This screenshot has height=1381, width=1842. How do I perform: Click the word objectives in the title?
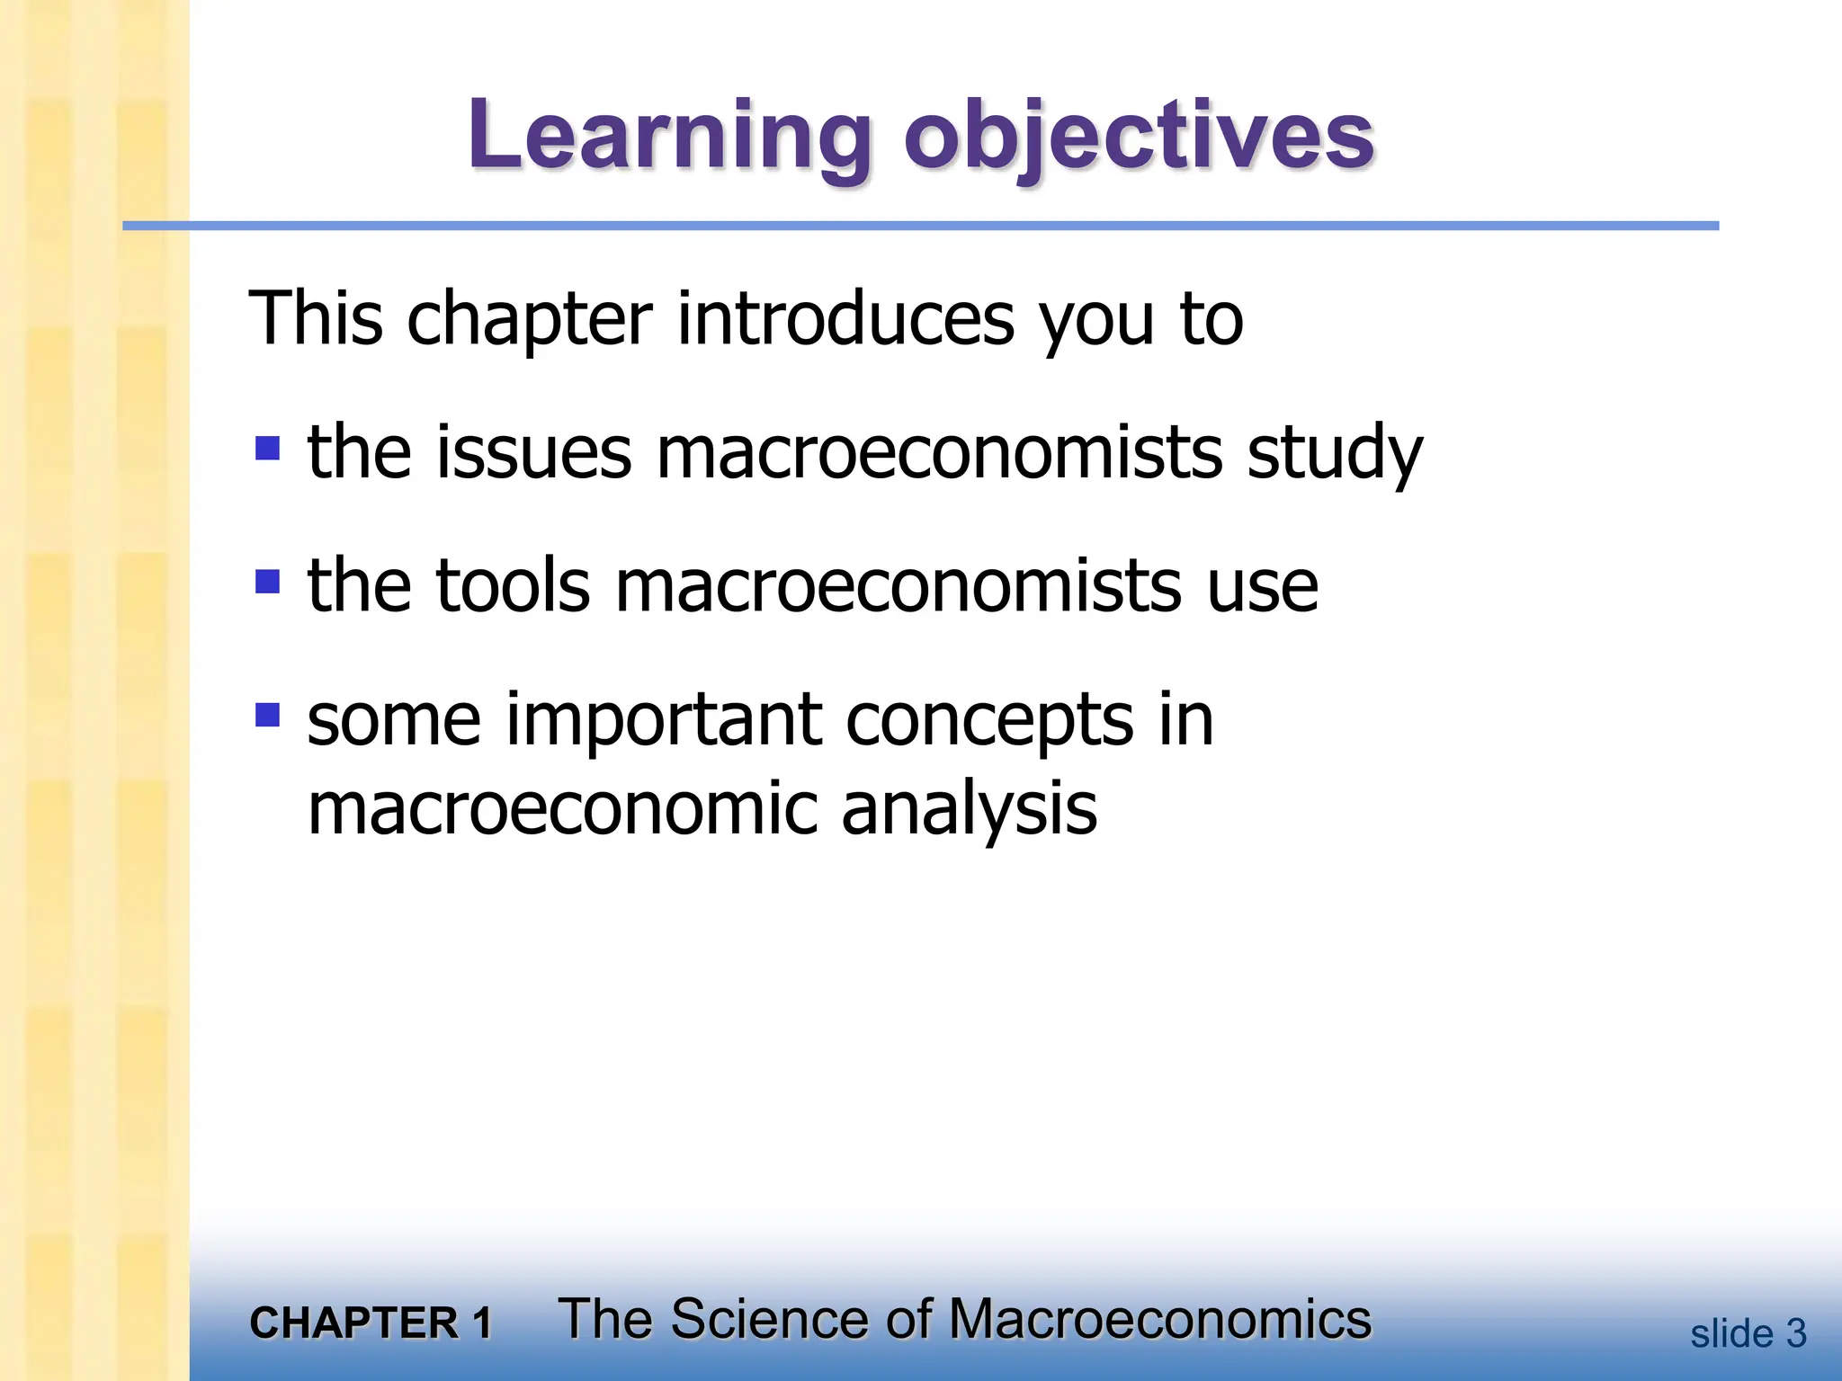[1139, 137]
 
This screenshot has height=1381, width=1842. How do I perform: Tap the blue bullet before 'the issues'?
[268, 448]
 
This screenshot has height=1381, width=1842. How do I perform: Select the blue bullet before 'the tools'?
[268, 582]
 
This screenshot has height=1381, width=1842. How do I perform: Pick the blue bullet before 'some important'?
[268, 715]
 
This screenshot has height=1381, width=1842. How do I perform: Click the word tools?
[513, 585]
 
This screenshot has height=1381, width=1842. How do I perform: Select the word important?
[664, 720]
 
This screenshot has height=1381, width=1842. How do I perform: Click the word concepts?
[989, 722]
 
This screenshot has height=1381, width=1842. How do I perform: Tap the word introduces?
[845, 318]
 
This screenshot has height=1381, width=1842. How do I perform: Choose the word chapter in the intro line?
[530, 320]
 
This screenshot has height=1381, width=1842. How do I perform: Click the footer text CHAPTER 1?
[371, 1323]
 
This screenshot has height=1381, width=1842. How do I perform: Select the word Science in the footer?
[766, 1320]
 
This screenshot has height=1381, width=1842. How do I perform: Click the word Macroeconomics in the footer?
[1160, 1320]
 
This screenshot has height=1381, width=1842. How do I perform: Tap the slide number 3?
[1795, 1334]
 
